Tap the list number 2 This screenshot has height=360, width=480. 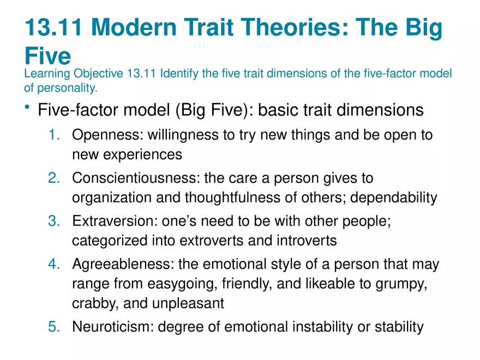click(55, 178)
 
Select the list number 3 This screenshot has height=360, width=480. click(55, 221)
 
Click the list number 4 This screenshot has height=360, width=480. click(55, 264)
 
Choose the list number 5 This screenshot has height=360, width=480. click(55, 327)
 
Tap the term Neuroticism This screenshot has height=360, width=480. click(113, 327)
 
